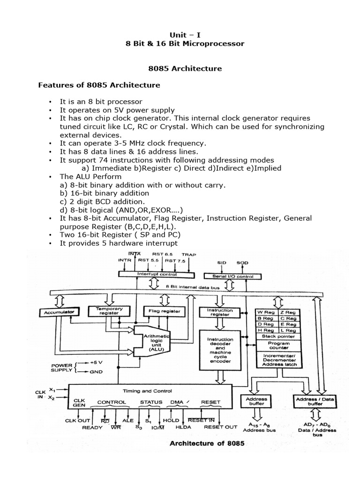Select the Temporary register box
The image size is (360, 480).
point(109,311)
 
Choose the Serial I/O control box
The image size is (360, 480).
point(229,276)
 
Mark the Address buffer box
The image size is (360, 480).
point(256,401)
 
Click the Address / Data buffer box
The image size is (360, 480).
point(315,401)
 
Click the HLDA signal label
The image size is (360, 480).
point(175,427)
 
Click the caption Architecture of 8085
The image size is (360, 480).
point(199,443)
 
